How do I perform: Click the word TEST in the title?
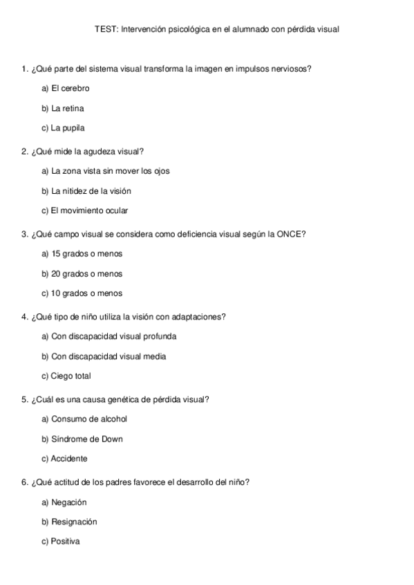(105, 30)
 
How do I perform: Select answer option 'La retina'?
(68, 108)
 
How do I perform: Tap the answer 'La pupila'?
(68, 128)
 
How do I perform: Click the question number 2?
(24, 151)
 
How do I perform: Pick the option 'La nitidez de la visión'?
(91, 191)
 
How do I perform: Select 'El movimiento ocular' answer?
(90, 210)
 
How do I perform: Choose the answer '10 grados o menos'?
(87, 293)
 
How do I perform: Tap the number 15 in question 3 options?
(57, 254)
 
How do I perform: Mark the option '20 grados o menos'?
(87, 274)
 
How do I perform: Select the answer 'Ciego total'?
(71, 376)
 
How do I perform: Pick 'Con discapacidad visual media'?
(109, 357)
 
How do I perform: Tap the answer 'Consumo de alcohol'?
(89, 419)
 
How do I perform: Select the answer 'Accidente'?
(69, 459)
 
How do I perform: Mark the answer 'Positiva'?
(66, 542)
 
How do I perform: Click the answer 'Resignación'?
(74, 522)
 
